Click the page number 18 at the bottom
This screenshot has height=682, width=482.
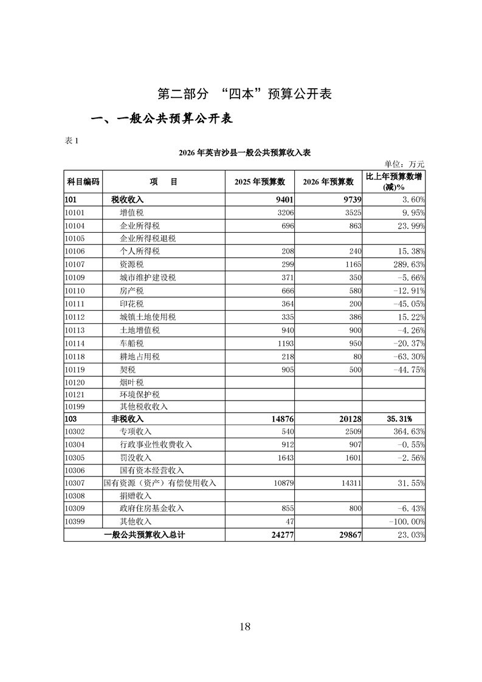point(245,627)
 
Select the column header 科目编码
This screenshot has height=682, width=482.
point(83,182)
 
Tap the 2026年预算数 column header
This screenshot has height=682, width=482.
point(328,182)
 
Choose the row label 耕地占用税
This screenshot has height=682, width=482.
point(140,357)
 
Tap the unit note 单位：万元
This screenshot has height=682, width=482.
point(404,164)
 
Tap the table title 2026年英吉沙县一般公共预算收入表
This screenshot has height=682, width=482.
point(245,153)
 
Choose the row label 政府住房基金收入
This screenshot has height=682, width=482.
point(152,508)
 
